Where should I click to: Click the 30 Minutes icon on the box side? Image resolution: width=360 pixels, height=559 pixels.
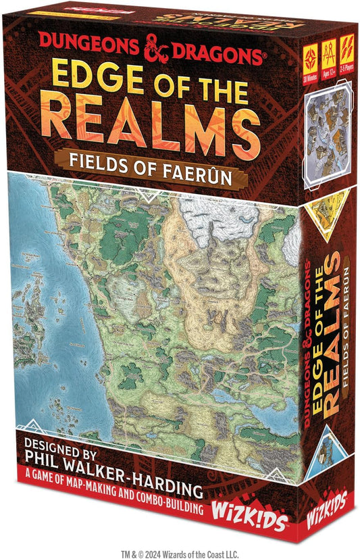(x=313, y=51)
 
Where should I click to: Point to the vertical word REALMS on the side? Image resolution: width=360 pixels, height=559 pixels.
(x=327, y=337)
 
